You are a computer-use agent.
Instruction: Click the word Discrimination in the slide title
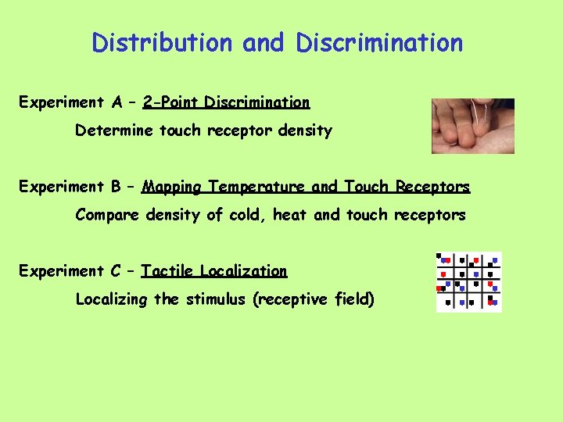pyautogui.click(x=379, y=42)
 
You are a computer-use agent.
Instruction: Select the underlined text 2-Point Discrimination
pyautogui.click(x=226, y=102)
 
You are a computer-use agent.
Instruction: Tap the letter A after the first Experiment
pyautogui.click(x=117, y=102)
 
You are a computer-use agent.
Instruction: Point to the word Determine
pyautogui.click(x=114, y=131)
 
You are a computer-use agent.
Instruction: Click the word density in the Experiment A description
pyautogui.click(x=303, y=131)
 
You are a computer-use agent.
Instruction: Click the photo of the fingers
pyautogui.click(x=473, y=126)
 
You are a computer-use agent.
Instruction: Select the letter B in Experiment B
pyautogui.click(x=117, y=187)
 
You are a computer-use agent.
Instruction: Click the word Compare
pyautogui.click(x=107, y=215)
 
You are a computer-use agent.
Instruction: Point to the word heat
pyautogui.click(x=290, y=215)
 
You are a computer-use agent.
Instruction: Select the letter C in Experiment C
pyautogui.click(x=117, y=271)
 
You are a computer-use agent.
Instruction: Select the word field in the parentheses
pyautogui.click(x=354, y=299)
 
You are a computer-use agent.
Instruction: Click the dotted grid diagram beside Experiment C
pyautogui.click(x=468, y=281)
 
